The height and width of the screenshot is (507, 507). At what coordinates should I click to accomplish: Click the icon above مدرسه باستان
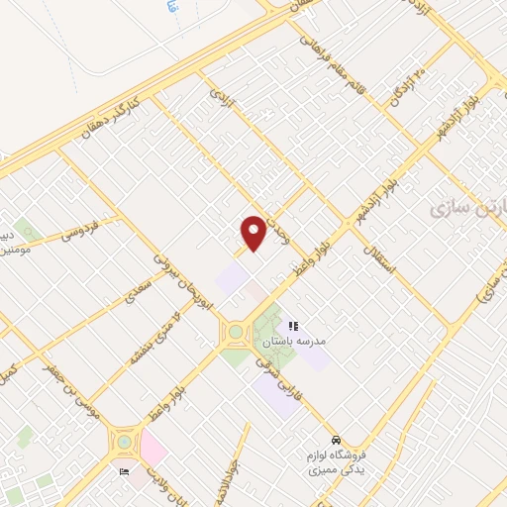(292, 326)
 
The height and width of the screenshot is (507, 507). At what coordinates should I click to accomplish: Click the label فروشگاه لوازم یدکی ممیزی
(337, 460)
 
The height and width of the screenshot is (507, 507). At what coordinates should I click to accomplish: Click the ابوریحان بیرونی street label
(183, 277)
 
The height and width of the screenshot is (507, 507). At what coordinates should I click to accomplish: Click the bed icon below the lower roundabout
(124, 472)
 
